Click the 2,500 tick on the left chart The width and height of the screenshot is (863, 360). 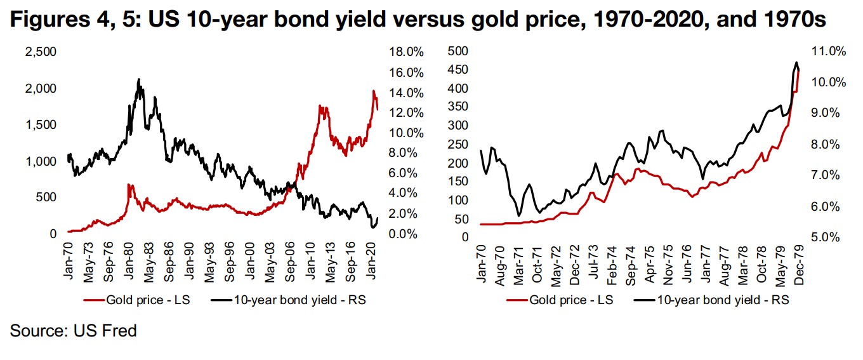[x=40, y=52]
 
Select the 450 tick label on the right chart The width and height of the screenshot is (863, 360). [x=458, y=70]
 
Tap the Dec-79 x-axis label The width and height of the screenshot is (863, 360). [x=798, y=262]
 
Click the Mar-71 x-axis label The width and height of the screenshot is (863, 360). [x=519, y=262]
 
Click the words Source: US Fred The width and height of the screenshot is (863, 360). [x=74, y=331]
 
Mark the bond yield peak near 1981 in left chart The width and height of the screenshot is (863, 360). [x=139, y=79]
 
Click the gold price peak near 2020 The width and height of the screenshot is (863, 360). [x=374, y=91]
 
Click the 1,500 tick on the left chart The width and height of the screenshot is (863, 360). [x=40, y=125]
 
